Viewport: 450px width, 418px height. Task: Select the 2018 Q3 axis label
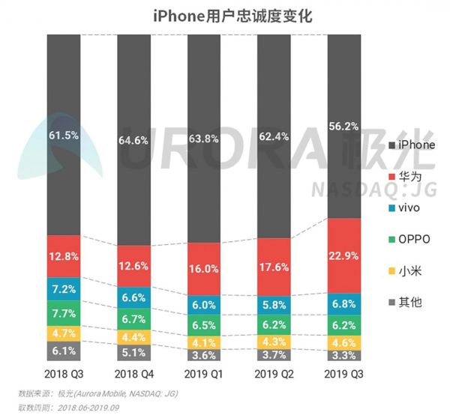click(x=64, y=373)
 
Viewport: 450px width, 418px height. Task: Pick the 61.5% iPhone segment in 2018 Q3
click(x=64, y=135)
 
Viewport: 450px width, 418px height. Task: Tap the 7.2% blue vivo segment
click(x=64, y=288)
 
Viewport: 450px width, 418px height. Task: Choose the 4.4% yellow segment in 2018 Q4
click(x=134, y=337)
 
